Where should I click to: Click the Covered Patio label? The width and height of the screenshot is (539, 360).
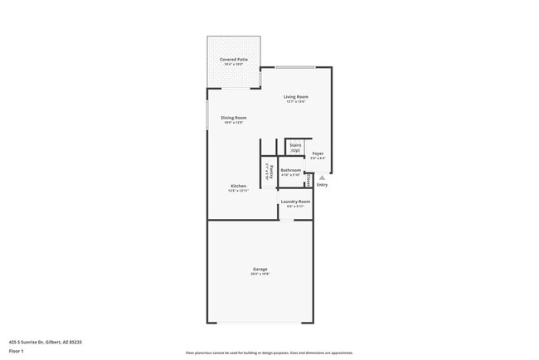tap(233, 60)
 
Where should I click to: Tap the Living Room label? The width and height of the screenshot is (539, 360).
tap(296, 97)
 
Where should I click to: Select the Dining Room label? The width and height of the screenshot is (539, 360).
tap(233, 118)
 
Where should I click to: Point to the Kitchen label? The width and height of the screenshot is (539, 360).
tap(238, 186)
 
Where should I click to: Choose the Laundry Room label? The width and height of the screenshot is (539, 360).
tap(295, 202)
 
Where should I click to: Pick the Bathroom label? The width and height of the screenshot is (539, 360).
tap(290, 170)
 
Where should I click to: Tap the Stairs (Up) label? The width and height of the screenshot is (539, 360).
tap(295, 147)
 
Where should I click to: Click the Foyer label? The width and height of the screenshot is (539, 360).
tap(318, 153)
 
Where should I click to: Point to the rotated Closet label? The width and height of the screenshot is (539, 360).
tap(308, 179)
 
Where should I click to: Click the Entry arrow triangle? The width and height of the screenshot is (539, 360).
tap(322, 178)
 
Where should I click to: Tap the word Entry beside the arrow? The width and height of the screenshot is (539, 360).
tap(322, 185)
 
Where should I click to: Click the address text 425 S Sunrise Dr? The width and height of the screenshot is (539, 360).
tap(45, 341)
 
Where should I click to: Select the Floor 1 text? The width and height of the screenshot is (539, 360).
tap(17, 351)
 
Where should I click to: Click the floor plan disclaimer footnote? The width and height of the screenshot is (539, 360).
tap(269, 353)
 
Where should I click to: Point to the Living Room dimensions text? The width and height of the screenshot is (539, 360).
tap(296, 102)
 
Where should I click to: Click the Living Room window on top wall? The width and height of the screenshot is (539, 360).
tap(295, 66)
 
